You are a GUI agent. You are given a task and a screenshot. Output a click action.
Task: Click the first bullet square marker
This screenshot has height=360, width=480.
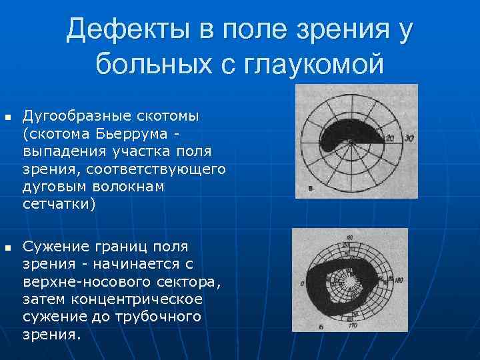[x=7, y=118]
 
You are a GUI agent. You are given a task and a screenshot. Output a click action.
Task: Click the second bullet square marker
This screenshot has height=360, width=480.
[x=7, y=248]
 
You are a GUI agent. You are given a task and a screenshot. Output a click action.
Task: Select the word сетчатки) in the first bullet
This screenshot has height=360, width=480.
[x=59, y=204]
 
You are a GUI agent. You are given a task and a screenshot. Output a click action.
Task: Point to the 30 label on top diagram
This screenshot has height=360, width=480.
[x=408, y=138]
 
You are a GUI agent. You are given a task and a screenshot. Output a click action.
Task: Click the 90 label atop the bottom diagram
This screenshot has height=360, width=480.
[x=350, y=237]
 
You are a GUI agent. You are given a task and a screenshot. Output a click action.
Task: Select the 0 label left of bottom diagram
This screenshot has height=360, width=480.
[x=302, y=284]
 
